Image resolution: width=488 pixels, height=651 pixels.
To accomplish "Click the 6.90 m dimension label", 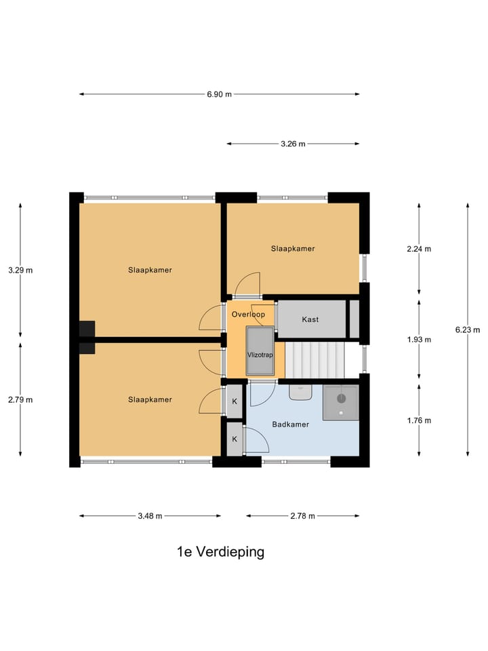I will pos(219,94).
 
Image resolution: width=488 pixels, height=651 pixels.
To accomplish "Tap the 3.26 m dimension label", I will pos(293,144).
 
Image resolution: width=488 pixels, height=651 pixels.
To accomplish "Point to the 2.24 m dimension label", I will pos(419,249).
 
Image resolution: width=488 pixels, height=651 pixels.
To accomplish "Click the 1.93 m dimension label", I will pos(419,340).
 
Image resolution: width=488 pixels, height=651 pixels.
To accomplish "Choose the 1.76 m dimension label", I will pos(419,420).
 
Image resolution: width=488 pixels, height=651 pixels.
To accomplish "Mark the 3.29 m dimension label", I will pos(20,270).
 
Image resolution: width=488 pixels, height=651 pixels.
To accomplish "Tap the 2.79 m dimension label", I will pos(20,399).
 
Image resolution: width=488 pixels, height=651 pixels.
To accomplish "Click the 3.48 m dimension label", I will pos(150,516).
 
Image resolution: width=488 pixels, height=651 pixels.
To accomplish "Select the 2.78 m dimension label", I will pos(303,516).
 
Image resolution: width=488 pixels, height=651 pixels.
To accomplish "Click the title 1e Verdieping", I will pos(220,552).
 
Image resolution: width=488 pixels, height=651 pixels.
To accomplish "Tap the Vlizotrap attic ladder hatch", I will pos(260,351).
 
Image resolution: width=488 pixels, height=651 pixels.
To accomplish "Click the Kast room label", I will pos(310,319).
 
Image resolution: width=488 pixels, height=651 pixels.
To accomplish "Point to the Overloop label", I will pos(248,315).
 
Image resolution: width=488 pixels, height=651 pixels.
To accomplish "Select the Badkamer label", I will pos(291,425).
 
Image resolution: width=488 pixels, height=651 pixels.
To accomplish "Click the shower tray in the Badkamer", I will pos(340,402).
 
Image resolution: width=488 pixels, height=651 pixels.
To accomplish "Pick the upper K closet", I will pos(235,401).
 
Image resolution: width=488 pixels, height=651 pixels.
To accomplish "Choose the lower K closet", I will pos(235,439).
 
